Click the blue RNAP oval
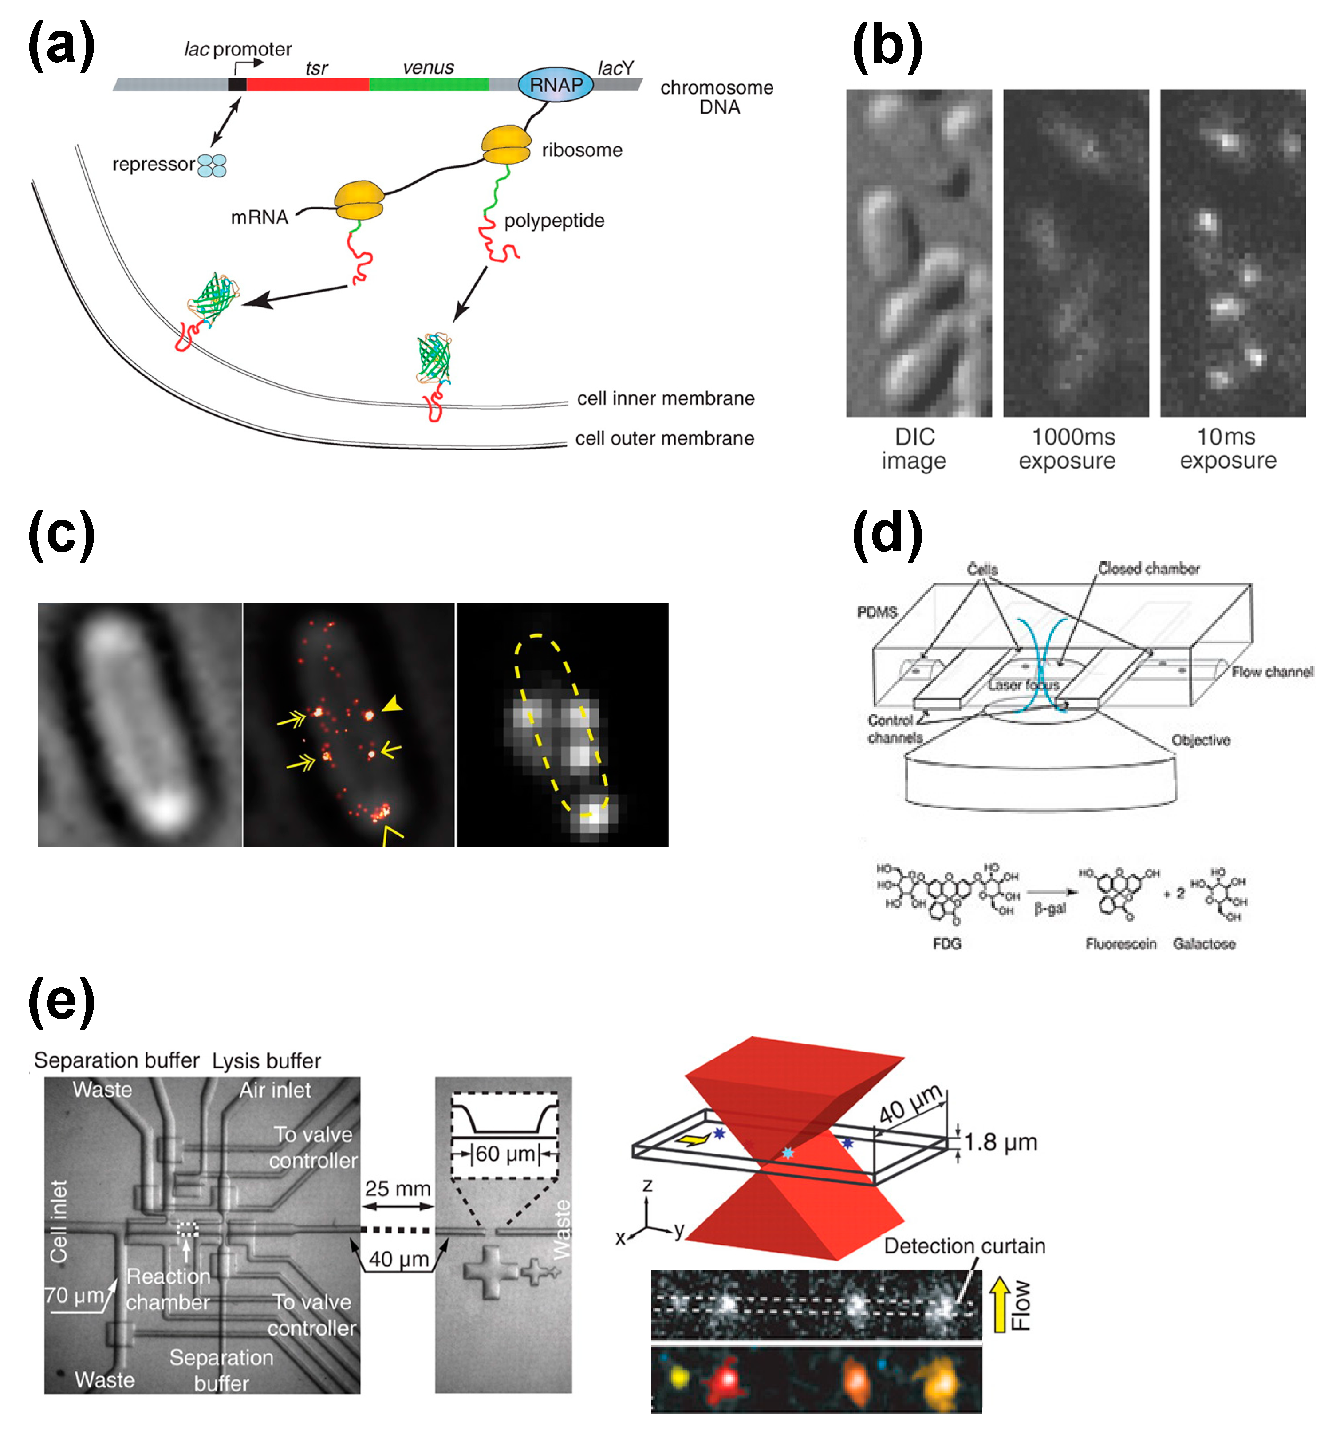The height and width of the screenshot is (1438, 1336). (x=555, y=85)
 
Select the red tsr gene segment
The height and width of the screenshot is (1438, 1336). (x=307, y=84)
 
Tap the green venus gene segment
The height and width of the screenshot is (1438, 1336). (x=428, y=84)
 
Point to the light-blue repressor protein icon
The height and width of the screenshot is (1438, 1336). (x=212, y=165)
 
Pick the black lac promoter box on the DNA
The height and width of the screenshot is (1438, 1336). (x=237, y=84)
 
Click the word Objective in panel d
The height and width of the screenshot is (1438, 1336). (x=1200, y=740)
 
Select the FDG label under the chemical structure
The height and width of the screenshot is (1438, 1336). (x=946, y=943)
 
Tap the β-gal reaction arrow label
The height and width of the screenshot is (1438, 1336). (x=1050, y=908)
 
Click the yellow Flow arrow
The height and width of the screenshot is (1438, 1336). (x=999, y=1304)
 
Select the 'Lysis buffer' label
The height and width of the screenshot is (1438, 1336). (x=266, y=1060)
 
